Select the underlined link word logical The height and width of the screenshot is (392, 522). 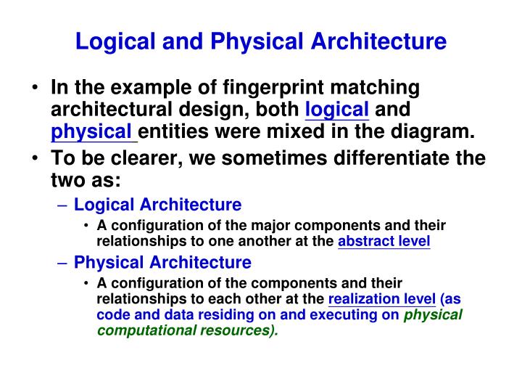(338, 110)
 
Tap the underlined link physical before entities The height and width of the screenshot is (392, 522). (94, 132)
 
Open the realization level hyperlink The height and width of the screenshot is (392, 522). (382, 300)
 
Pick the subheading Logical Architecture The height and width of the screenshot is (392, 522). (158, 205)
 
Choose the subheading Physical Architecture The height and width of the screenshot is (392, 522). (163, 262)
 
